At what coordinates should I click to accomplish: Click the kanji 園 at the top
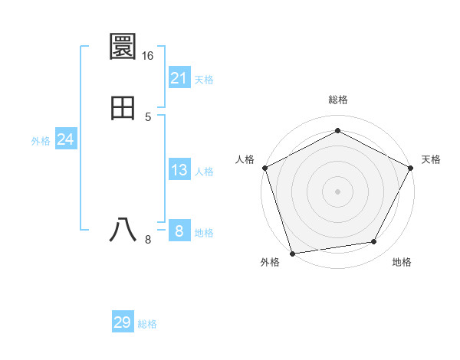[123, 47]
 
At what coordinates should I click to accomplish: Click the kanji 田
[123, 109]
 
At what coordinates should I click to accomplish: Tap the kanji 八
[123, 229]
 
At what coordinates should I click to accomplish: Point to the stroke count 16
[148, 56]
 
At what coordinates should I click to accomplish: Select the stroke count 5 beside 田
[148, 116]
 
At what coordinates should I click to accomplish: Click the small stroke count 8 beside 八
[148, 240]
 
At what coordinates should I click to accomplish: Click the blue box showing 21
[179, 78]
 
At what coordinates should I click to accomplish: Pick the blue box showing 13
[179, 170]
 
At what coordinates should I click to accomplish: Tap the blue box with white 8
[179, 231]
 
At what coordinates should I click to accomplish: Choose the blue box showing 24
[66, 139]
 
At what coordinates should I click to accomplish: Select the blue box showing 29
[123, 322]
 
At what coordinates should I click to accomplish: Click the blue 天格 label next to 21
[204, 80]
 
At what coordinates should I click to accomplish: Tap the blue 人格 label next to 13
[204, 172]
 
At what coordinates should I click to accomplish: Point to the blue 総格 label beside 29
[147, 324]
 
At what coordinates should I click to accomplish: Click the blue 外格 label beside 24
[41, 141]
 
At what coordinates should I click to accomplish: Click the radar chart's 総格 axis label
[338, 100]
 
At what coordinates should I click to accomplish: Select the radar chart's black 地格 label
[402, 262]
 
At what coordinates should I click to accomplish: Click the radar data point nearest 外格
[291, 252]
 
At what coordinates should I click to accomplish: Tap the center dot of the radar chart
[337, 191]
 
